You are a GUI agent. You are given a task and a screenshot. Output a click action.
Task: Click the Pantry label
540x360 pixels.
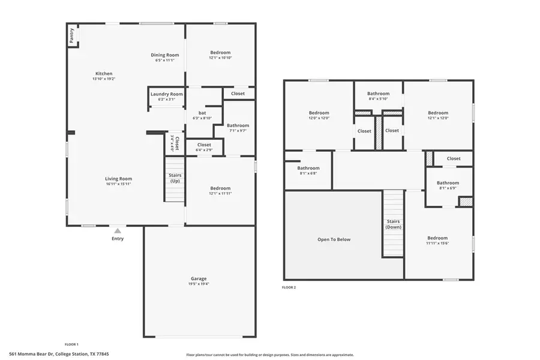click(x=72, y=35)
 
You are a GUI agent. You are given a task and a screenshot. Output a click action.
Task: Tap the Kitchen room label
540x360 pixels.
click(x=104, y=74)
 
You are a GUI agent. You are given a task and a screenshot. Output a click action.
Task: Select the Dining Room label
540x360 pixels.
click(x=165, y=55)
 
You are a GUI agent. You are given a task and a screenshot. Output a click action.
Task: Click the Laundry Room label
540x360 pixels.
click(x=166, y=94)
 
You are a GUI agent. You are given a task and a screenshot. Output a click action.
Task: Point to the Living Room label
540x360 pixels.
click(x=118, y=179)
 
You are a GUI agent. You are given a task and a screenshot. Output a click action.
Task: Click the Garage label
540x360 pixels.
click(x=199, y=278)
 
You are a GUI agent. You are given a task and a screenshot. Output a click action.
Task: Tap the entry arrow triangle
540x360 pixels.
click(x=118, y=230)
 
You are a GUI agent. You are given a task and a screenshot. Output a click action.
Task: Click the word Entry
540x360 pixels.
click(x=118, y=239)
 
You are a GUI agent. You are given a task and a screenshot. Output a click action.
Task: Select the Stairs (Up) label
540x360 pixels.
click(x=175, y=178)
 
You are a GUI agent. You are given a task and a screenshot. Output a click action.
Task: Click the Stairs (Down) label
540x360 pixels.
click(x=394, y=224)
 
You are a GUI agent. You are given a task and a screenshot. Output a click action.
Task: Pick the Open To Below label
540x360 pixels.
click(x=334, y=239)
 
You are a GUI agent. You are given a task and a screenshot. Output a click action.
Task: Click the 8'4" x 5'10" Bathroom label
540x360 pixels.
click(x=378, y=94)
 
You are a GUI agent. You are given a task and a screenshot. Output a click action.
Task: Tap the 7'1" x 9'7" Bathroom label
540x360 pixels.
click(x=238, y=125)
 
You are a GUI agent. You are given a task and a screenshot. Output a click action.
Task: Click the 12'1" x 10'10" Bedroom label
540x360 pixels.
click(x=220, y=53)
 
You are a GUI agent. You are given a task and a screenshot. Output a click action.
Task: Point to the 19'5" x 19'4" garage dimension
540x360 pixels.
click(x=199, y=284)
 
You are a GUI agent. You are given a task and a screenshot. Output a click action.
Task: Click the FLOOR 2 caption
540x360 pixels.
click(x=289, y=287)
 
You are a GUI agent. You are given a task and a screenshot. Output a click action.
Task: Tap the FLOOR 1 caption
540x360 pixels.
click(x=71, y=344)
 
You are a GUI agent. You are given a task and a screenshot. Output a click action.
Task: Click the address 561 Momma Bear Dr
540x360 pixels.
click(x=59, y=354)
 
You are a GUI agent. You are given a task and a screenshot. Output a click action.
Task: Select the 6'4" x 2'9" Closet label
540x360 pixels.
click(x=204, y=145)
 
